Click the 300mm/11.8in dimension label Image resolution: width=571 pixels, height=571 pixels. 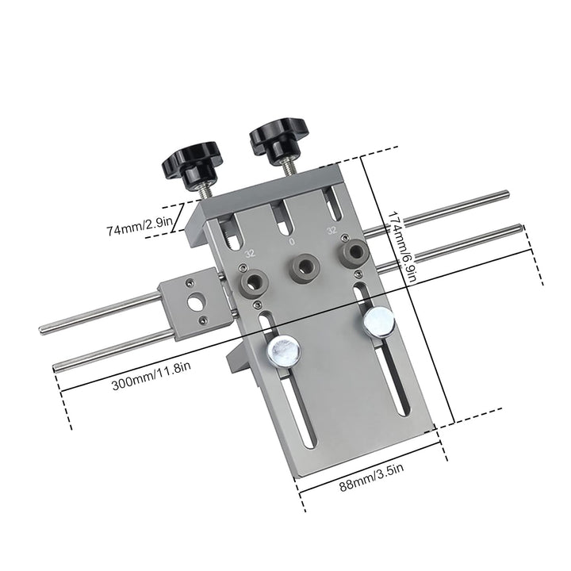[151, 385]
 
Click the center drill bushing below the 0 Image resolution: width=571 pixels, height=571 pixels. [302, 265]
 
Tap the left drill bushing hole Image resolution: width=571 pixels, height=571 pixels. [253, 281]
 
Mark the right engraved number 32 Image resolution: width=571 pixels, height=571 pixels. [332, 231]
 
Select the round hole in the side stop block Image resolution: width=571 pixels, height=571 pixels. [196, 302]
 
